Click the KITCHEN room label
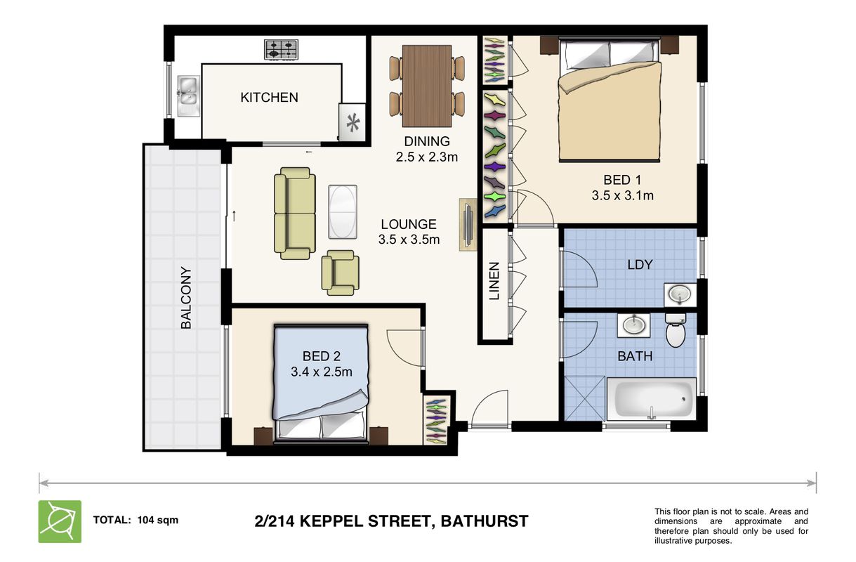pos(269,98)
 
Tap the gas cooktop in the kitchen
pos(282,50)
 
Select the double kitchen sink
pos(188,96)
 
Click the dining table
pos(427,86)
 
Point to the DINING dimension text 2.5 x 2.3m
pos(427,157)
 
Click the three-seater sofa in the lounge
pos(295,214)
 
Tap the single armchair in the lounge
pos(340,273)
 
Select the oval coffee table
pos(343,212)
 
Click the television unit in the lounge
pos(468,225)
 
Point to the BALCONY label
pos(186,297)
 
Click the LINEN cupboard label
pos(494,281)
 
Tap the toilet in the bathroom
pos(676,330)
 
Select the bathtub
pos(651,399)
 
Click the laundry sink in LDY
pos(680,295)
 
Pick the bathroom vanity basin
pos(633,326)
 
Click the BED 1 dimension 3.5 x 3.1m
pos(622,196)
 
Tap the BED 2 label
pos(322,356)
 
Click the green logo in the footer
pos(60,521)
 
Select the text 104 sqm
pos(158,521)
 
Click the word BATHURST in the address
pos(485,521)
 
